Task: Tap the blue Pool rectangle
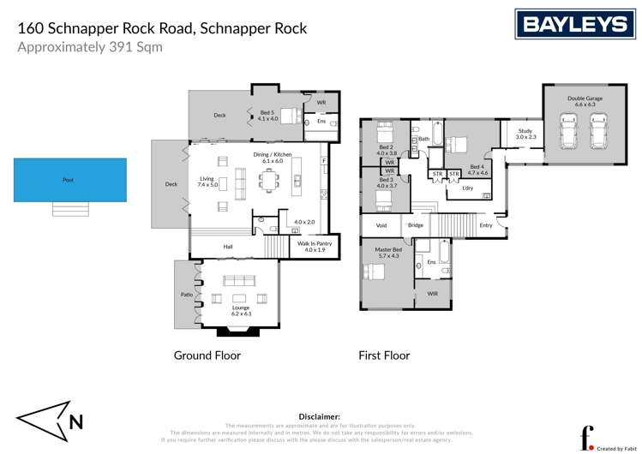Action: click(x=69, y=180)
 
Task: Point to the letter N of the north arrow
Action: click(x=76, y=421)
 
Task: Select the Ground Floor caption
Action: click(x=207, y=355)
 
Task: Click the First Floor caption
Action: click(x=384, y=355)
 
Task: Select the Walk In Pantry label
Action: click(x=314, y=247)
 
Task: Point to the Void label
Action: click(x=381, y=225)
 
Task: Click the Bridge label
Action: click(x=415, y=225)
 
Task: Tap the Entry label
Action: click(x=486, y=225)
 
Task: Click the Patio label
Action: click(x=186, y=296)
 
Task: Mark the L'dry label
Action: click(x=467, y=188)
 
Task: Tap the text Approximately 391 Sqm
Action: click(x=90, y=47)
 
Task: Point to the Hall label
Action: click(x=228, y=247)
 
